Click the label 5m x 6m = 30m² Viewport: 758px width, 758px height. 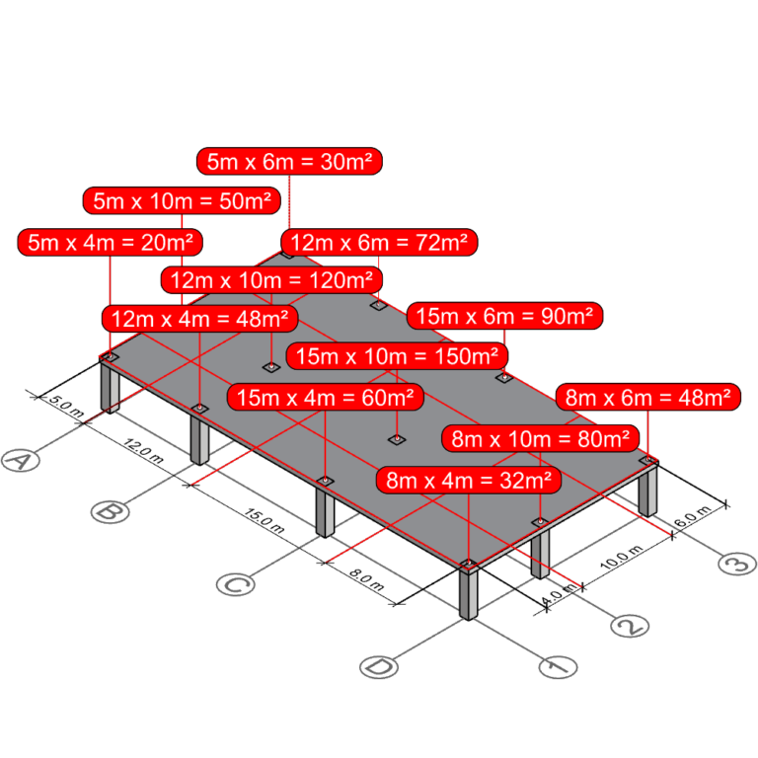289,162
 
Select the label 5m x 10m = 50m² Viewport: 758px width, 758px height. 183,201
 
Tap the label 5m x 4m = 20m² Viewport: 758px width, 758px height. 111,243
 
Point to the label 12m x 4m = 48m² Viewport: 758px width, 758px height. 200,319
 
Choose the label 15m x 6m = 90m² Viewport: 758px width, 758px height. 504,317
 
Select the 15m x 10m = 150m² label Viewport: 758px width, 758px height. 397,355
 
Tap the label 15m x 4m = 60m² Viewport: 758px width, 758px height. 326,398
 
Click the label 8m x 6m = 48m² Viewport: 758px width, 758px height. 646,398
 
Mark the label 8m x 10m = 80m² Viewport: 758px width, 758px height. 539,438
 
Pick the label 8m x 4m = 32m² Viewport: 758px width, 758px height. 469,481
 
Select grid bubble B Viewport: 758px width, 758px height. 111,511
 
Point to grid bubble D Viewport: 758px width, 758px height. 378,667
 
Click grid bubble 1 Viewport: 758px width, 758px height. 558,667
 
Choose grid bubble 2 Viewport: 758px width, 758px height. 630,625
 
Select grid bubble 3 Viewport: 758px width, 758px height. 735,564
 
